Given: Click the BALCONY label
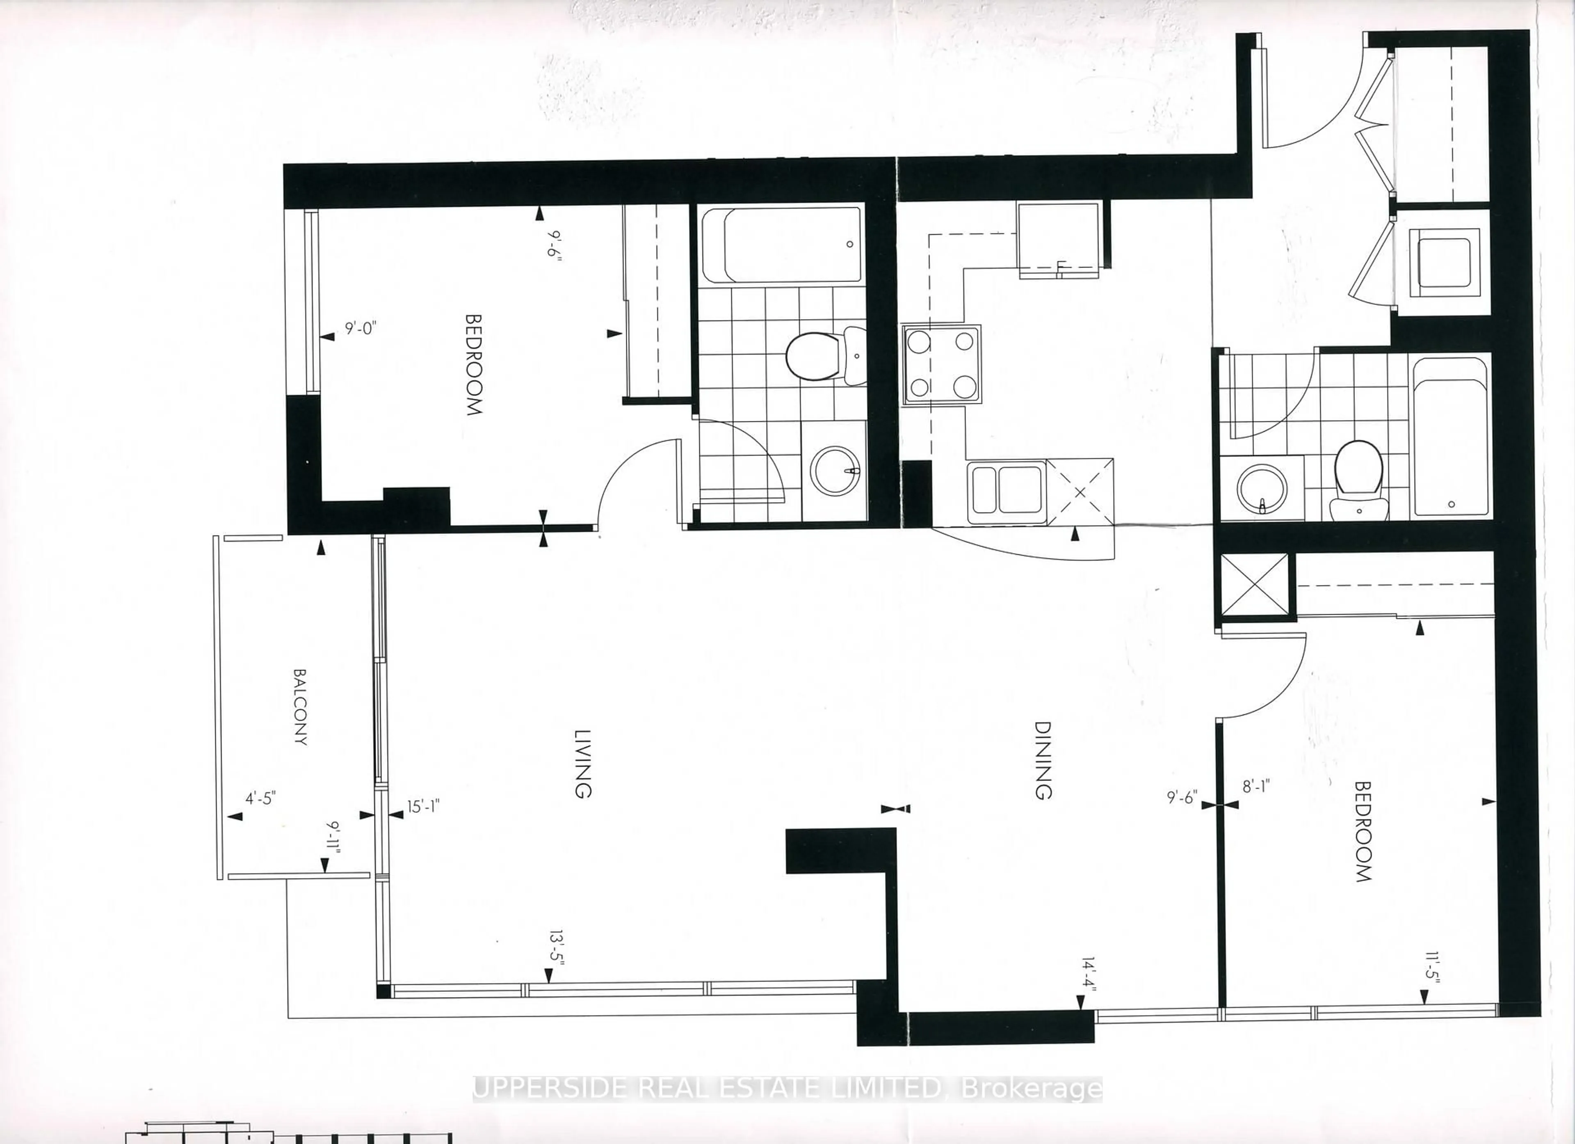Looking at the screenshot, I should pos(300,707).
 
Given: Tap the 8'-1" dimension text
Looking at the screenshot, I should pos(1255,786).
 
